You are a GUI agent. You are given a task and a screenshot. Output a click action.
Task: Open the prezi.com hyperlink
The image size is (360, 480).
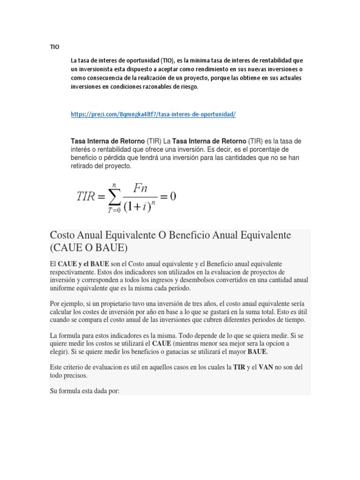153,114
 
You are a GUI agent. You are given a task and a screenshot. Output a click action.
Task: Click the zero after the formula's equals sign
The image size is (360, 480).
172,196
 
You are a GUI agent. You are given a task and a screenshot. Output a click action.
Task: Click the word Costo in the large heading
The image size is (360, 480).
65,235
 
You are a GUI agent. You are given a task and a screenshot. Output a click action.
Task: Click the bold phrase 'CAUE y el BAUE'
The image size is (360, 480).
83,264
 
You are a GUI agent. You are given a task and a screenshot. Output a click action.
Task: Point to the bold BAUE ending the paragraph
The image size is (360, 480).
259,351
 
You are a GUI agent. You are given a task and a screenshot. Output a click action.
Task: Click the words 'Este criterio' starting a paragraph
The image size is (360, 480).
69,368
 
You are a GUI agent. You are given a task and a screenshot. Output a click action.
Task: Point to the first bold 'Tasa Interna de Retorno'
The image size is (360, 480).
107,141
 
